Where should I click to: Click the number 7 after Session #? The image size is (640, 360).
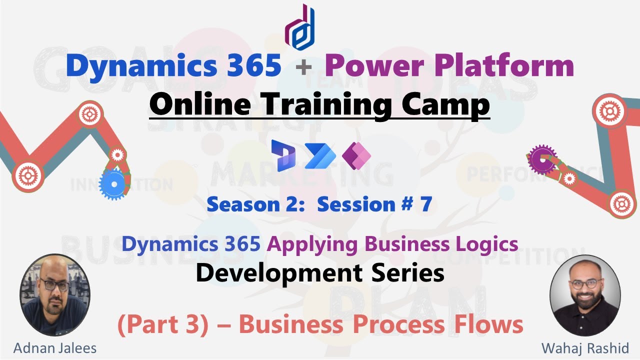point(425,204)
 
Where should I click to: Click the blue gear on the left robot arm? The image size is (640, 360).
point(114,184)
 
